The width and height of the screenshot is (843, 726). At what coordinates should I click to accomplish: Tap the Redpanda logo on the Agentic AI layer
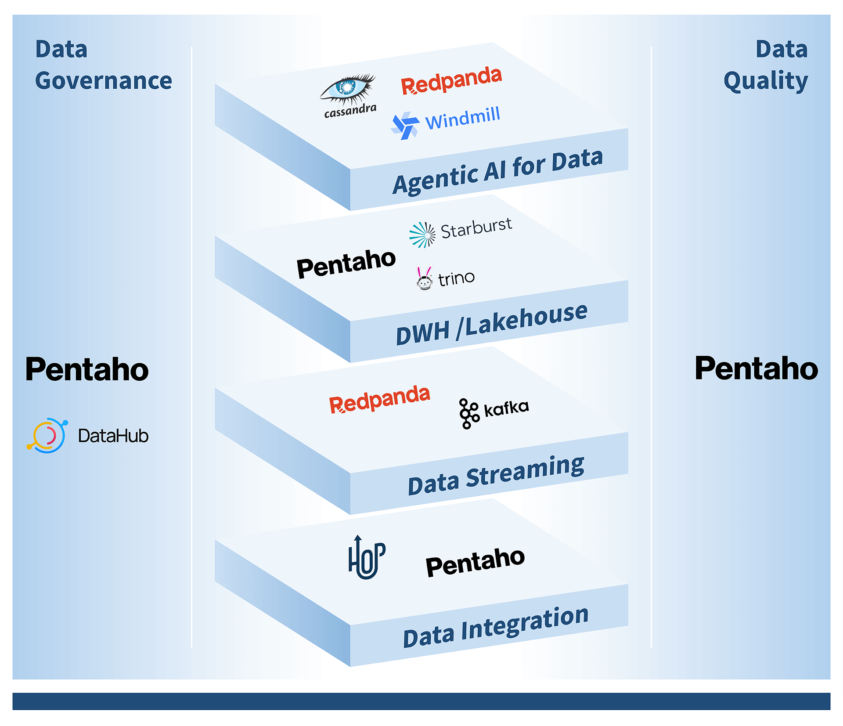pos(451,81)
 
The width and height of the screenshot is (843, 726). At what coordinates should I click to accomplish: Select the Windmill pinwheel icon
pos(404,126)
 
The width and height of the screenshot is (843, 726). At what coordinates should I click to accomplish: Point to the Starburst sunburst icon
pos(422,235)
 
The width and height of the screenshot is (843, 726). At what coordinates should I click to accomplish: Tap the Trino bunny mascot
pos(424,278)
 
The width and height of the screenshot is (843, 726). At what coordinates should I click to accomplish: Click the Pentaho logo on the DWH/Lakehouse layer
pos(346,264)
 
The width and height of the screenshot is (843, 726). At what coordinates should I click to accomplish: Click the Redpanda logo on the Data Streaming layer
pos(379,399)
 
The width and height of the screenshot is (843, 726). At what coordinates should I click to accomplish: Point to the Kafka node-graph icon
pos(469,413)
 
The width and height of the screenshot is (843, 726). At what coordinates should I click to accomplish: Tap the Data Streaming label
pos(496,476)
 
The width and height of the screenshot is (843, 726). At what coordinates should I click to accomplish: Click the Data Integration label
pos(496,627)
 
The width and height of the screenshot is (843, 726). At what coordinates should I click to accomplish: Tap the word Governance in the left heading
pos(104,81)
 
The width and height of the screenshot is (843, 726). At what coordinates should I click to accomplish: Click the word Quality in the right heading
pos(766,81)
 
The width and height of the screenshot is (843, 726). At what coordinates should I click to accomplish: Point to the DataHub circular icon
pos(47,435)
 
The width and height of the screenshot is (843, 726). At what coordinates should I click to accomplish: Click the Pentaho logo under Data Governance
pos(87,369)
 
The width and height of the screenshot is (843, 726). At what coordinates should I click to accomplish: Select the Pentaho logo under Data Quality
pos(756,368)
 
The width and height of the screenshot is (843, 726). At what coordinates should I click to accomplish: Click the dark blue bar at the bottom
pos(421,701)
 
